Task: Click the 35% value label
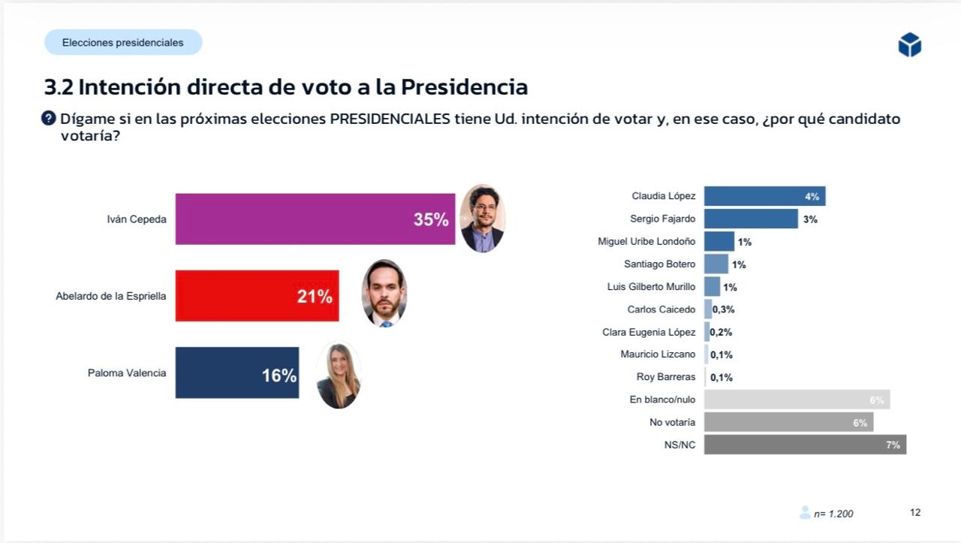click(x=431, y=219)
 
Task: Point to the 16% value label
click(x=279, y=376)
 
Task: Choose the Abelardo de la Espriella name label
click(x=111, y=296)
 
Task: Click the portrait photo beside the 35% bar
click(x=482, y=219)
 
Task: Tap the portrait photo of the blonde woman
click(x=339, y=375)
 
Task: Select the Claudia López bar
click(x=764, y=196)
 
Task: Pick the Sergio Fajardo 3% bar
click(x=751, y=219)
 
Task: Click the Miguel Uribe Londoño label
click(x=646, y=241)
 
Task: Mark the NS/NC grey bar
click(x=805, y=445)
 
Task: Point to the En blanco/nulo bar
click(x=797, y=400)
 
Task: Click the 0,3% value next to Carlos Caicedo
click(x=723, y=309)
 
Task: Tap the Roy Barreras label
click(x=666, y=377)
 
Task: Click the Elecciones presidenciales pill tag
click(x=123, y=43)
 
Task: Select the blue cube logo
click(x=909, y=45)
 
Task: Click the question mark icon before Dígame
click(x=49, y=118)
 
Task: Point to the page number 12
click(x=915, y=512)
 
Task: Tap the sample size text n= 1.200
click(x=833, y=514)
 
